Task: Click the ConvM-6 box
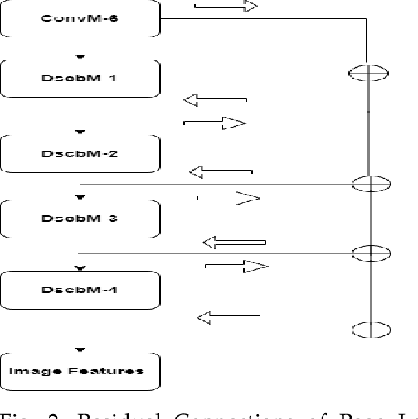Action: click(x=80, y=18)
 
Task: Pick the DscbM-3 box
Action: click(x=80, y=219)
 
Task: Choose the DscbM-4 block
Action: click(x=80, y=289)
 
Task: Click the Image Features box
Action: click(x=80, y=370)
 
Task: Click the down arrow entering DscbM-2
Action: click(x=80, y=124)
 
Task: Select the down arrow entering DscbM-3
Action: click(x=80, y=192)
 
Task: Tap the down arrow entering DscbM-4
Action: click(x=80, y=262)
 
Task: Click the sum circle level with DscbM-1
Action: click(x=367, y=73)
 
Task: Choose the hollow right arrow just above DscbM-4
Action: click(x=237, y=266)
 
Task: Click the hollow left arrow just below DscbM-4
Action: click(x=228, y=316)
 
